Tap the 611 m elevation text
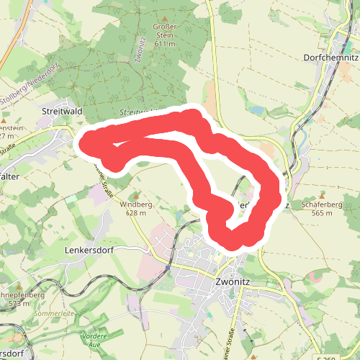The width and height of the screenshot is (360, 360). pos(165,44)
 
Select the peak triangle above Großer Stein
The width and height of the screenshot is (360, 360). pos(165,19)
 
